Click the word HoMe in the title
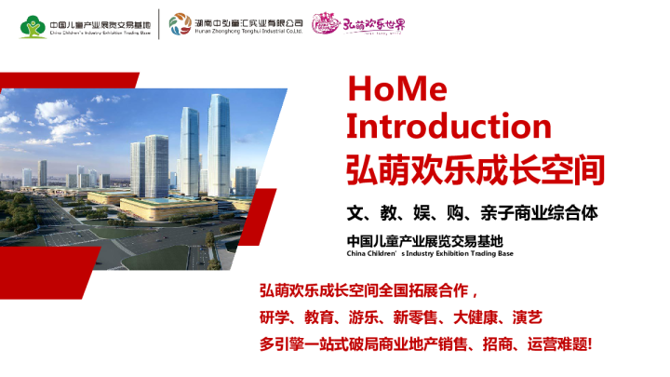[x=396, y=88]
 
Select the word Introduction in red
[x=449, y=127]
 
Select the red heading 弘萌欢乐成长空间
[x=475, y=169]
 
